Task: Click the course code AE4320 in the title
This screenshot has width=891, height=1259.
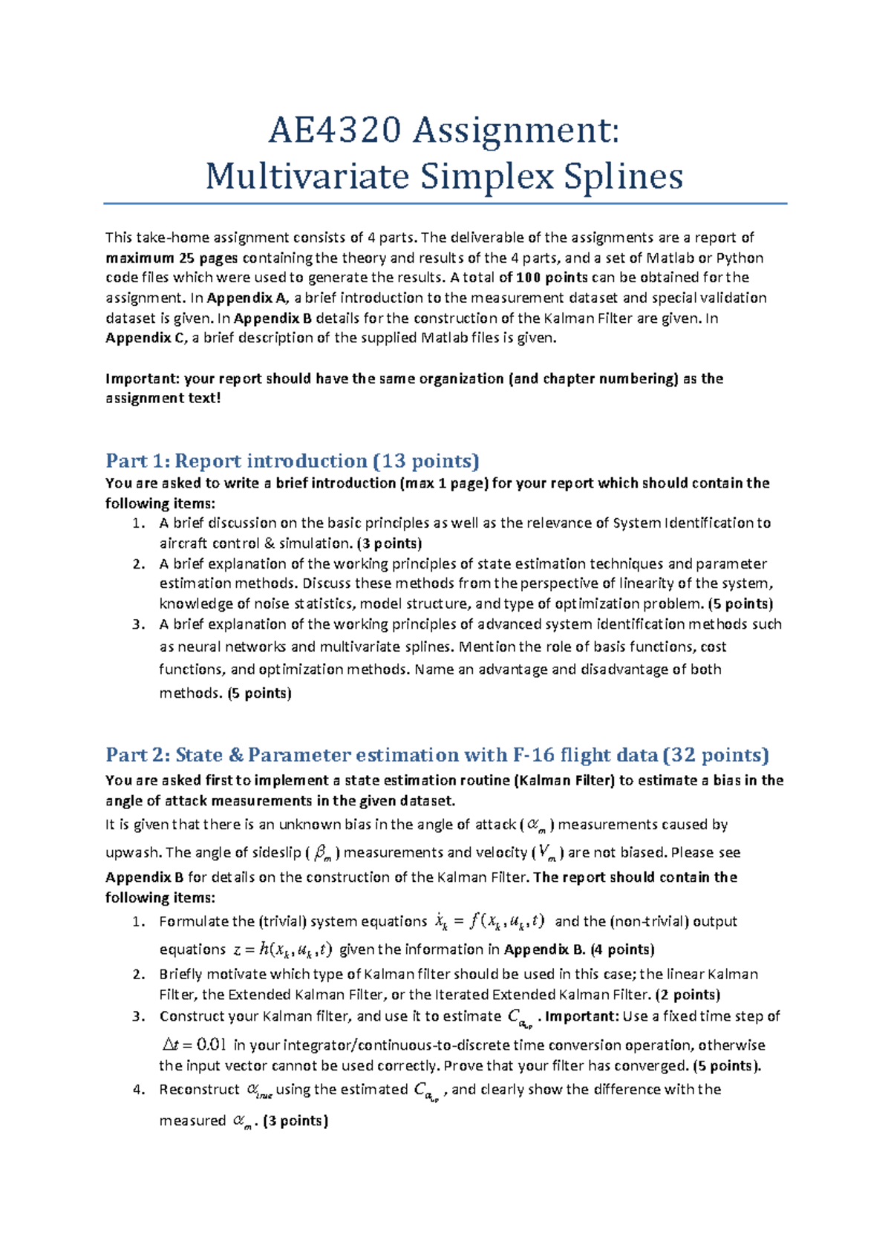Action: point(335,131)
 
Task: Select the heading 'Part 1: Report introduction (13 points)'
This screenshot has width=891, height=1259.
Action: point(293,461)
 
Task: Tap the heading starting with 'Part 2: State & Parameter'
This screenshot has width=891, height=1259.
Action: point(437,755)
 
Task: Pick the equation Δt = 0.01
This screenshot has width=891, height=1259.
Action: point(194,1045)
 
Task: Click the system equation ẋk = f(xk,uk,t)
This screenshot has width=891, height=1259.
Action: point(489,922)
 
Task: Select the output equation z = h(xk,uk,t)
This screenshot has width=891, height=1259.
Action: point(282,950)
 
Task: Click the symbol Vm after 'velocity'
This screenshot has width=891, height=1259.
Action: point(546,853)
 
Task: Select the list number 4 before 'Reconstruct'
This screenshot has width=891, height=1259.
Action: point(137,1090)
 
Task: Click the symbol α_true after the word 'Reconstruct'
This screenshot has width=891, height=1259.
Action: point(258,1090)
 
